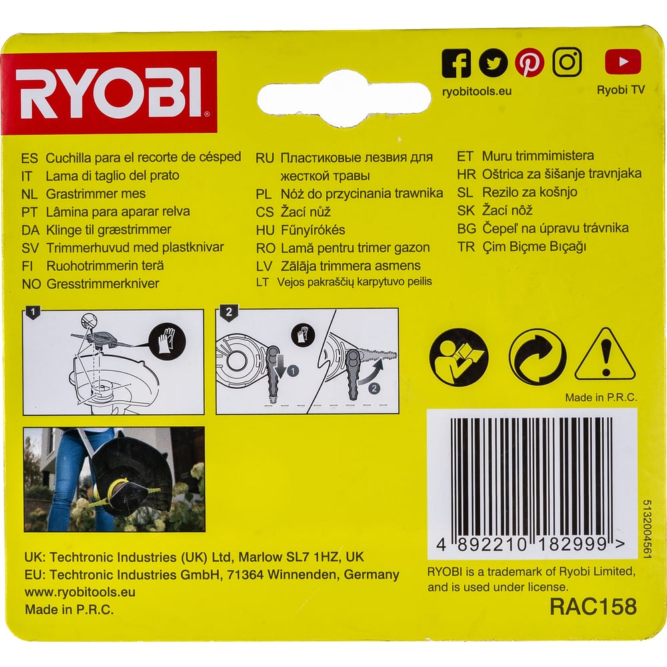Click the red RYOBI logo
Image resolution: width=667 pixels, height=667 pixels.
[109, 92]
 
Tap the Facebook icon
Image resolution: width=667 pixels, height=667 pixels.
[456, 63]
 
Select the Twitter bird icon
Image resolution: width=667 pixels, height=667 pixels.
[493, 63]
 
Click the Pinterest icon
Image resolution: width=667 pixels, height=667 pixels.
[529, 63]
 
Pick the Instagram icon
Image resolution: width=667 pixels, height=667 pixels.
[566, 62]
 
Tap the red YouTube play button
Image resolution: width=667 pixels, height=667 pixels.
[622, 61]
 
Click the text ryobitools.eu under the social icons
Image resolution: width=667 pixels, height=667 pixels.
[476, 91]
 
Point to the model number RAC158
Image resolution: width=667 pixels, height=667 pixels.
[593, 606]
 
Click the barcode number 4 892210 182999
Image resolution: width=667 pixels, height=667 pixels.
[531, 544]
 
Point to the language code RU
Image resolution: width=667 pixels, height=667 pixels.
[264, 158]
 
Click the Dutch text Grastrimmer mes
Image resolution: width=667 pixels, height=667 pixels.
[95, 194]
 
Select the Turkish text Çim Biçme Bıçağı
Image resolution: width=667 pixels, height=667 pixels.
[534, 247]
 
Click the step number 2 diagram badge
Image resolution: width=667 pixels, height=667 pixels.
[229, 312]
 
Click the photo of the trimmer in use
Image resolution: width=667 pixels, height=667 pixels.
[114, 480]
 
